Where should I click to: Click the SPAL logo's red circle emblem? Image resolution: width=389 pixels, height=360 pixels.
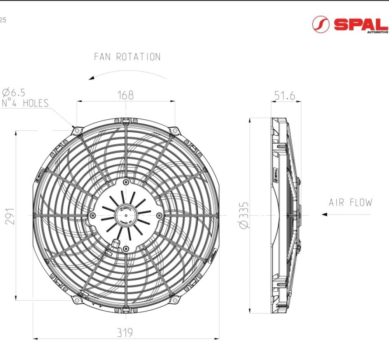point(321,24)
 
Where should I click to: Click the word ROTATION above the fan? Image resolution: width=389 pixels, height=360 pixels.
point(138,57)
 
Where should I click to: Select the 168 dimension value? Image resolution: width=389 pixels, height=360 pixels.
point(126,95)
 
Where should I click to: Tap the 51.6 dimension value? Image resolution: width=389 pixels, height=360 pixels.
point(285,96)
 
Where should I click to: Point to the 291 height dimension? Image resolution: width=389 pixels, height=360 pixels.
point(10,216)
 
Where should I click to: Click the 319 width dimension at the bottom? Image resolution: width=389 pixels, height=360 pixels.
point(125,332)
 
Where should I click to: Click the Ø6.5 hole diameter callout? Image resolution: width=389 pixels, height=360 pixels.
point(14,93)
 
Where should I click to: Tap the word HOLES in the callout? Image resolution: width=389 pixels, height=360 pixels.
point(36,103)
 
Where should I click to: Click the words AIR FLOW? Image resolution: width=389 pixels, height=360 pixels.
point(350,203)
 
